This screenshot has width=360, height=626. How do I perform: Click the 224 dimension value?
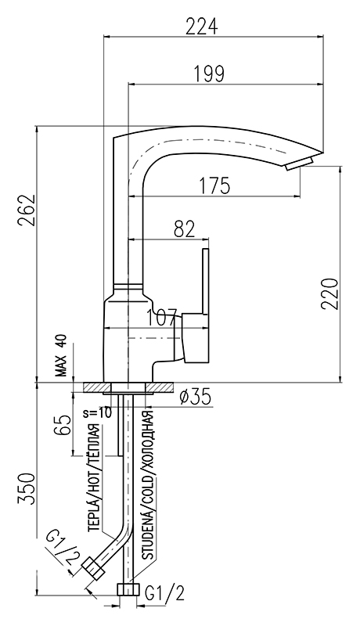pyautogui.click(x=203, y=27)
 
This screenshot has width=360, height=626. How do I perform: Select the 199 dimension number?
pyautogui.click(x=209, y=74)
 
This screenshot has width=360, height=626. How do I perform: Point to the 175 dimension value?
pyautogui.click(x=214, y=185)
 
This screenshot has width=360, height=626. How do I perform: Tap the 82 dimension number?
pyautogui.click(x=185, y=229)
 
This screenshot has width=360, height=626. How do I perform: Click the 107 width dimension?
pyautogui.click(x=162, y=318)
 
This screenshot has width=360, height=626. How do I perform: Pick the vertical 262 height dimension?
pyautogui.click(x=27, y=210)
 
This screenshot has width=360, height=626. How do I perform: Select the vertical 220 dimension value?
pyautogui.click(x=330, y=293)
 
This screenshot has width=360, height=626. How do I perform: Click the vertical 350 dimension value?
pyautogui.click(x=27, y=489)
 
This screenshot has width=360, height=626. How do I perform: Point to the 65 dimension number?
pyautogui.click(x=63, y=424)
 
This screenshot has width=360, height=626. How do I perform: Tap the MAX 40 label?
pyautogui.click(x=62, y=355)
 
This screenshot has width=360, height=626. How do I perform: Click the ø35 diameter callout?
pyautogui.click(x=195, y=398)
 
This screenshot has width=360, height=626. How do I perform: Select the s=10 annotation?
pyautogui.click(x=98, y=412)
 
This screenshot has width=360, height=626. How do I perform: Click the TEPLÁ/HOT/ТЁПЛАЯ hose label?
pyautogui.click(x=93, y=477)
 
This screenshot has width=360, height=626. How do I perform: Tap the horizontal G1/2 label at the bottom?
pyautogui.click(x=165, y=595)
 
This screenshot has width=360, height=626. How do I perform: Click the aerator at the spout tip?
pyautogui.click(x=299, y=164)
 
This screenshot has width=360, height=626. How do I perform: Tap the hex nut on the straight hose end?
pyautogui.click(x=128, y=589)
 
